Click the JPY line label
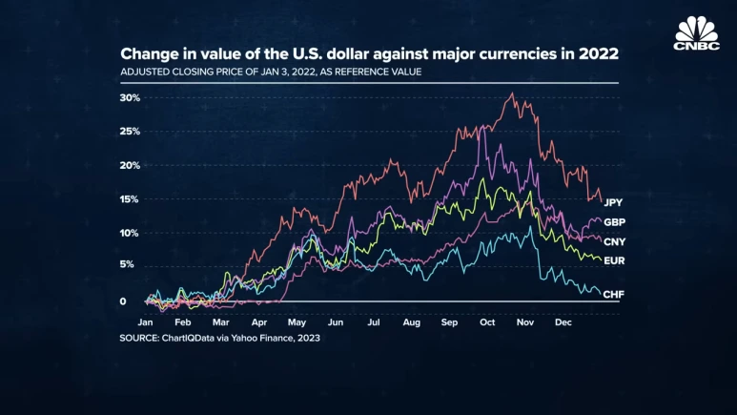pyautogui.click(x=614, y=202)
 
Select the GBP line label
pyautogui.click(x=614, y=221)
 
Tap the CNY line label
pyautogui.click(x=614, y=241)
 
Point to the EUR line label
pyautogui.click(x=614, y=260)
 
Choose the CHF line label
pyautogui.click(x=614, y=294)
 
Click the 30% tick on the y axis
pyautogui.click(x=130, y=97)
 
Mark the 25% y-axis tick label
pyautogui.click(x=130, y=131)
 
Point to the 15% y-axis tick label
pyautogui.click(x=130, y=199)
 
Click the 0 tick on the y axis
pyautogui.click(x=122, y=301)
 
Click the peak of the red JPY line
pyautogui.click(x=513, y=93)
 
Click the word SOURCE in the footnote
pyautogui.click(x=140, y=339)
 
